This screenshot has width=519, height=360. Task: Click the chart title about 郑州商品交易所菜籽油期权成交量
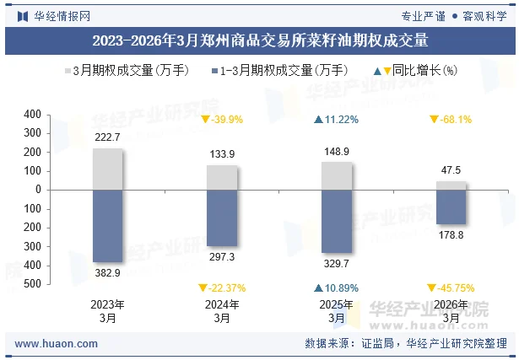(259, 40)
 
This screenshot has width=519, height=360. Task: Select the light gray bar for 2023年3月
(108, 169)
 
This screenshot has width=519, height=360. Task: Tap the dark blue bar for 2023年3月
(108, 226)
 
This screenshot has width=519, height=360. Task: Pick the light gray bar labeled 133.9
(222, 177)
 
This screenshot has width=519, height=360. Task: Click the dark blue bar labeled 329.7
(337, 221)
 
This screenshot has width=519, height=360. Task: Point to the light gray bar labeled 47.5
(451, 185)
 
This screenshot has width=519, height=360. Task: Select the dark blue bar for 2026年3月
(451, 207)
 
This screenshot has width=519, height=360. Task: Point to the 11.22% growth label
(337, 120)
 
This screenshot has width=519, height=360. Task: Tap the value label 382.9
(108, 273)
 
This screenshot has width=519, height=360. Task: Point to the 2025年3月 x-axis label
(337, 311)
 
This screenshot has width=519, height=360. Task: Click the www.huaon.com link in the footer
(57, 344)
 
